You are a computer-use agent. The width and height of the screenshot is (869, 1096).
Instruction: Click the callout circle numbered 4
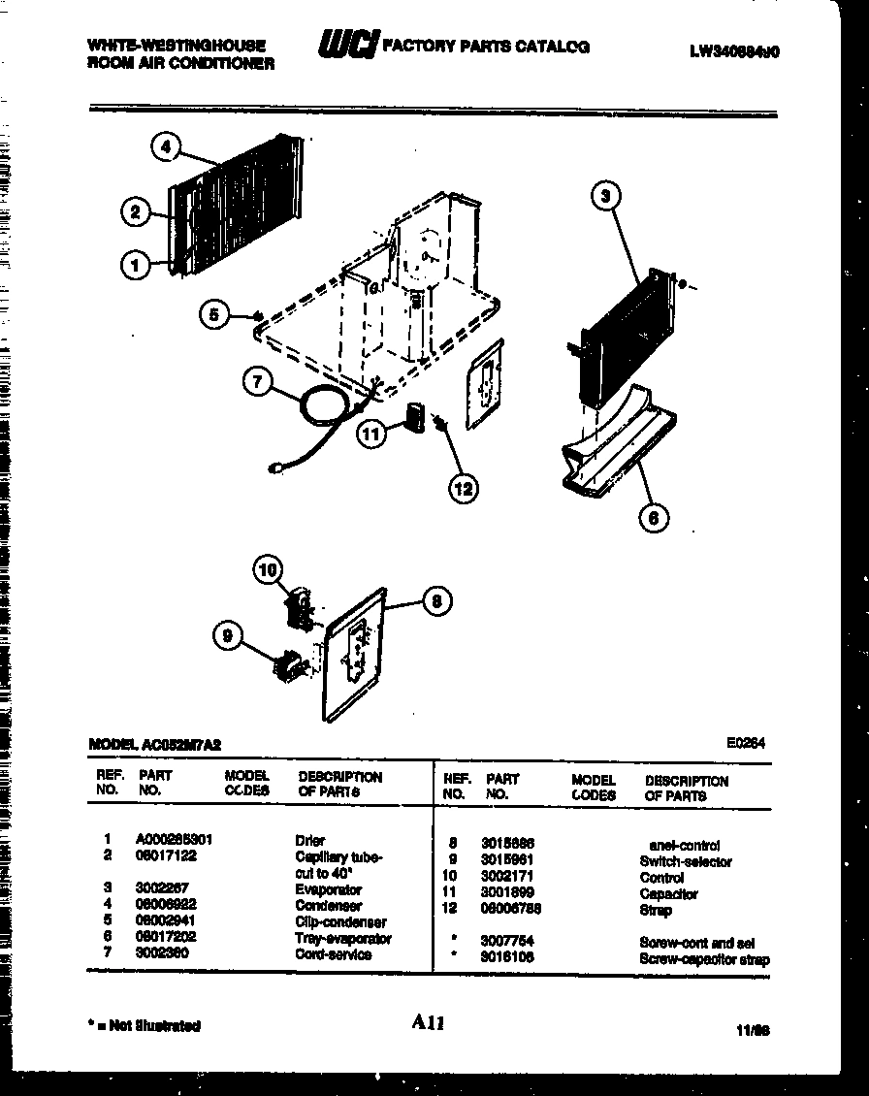[166, 146]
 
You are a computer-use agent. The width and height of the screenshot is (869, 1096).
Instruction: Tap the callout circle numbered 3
[605, 197]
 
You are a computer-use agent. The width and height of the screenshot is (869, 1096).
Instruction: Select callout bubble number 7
[257, 382]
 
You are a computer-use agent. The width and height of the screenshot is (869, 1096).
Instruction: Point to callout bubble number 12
[464, 488]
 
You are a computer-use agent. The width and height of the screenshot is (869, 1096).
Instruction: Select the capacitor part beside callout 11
[415, 418]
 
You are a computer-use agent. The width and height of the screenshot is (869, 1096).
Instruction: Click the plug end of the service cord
[276, 470]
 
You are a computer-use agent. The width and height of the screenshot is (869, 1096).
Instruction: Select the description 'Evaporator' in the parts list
[329, 889]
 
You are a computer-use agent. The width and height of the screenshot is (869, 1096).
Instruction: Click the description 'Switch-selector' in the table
[686, 861]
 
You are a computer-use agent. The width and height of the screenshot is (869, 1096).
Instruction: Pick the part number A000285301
[174, 840]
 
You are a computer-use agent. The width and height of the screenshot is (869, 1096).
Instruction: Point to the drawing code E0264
[746, 743]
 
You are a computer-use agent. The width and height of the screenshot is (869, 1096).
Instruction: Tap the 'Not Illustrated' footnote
[144, 1025]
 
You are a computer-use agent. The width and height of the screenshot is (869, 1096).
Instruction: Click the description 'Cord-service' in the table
[333, 954]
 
